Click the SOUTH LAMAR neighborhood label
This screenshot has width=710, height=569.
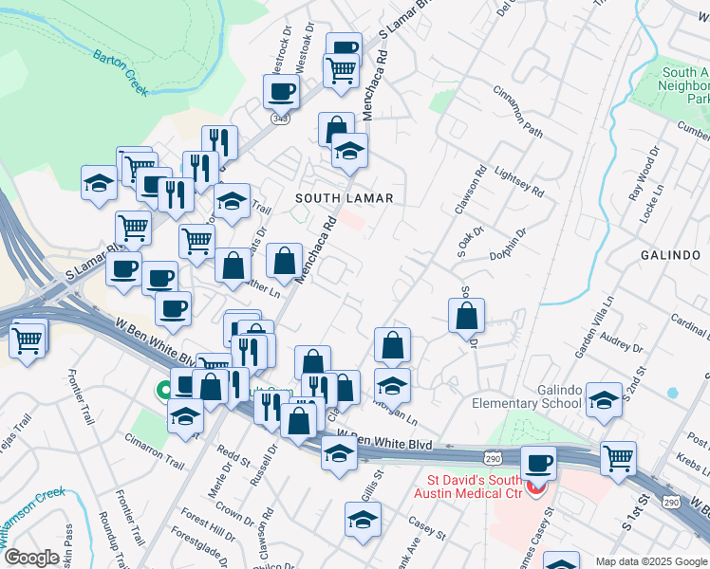pos(344,198)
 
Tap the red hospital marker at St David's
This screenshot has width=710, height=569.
pos(536,488)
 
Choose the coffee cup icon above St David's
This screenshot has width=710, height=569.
pos(538,464)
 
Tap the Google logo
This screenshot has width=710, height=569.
pos(31,558)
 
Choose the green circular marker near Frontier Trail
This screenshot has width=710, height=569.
pos(164,389)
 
